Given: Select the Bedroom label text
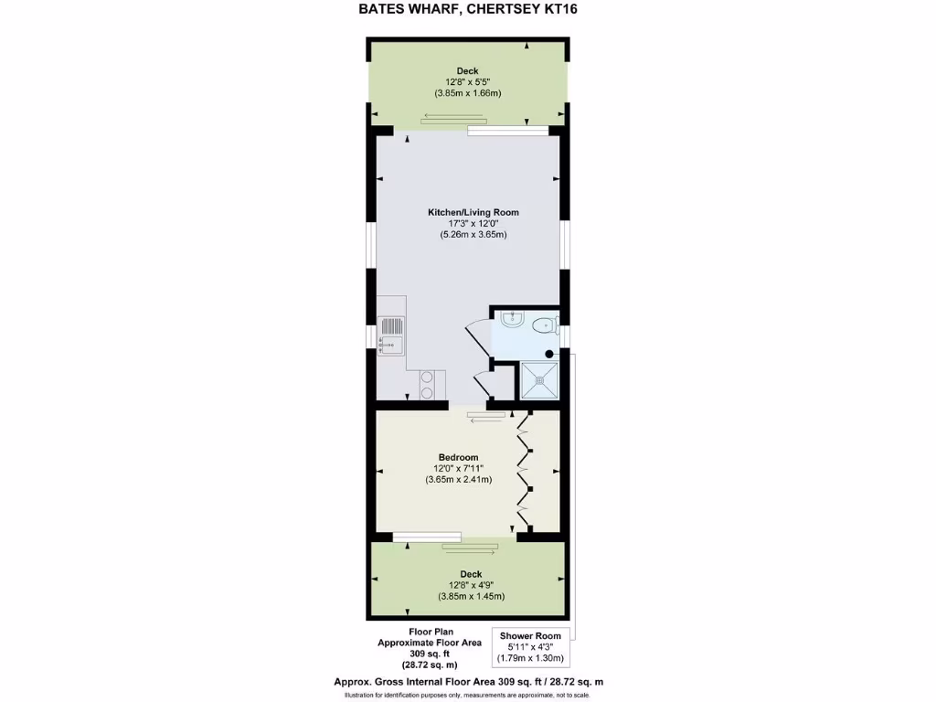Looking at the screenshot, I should click(x=458, y=457).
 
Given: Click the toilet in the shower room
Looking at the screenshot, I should click(x=546, y=323).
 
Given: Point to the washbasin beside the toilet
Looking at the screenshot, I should click(x=511, y=320).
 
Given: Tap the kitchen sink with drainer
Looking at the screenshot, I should click(x=390, y=334).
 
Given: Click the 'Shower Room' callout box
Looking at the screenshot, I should click(x=530, y=646).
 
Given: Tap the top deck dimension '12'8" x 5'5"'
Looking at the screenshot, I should click(x=467, y=82).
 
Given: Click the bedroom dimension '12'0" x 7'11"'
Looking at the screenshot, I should click(x=458, y=469).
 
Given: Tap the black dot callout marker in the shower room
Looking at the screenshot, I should click(x=550, y=353).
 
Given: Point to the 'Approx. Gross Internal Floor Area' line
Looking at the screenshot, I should click(x=467, y=682).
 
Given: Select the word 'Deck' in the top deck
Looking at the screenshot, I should click(x=467, y=71).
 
